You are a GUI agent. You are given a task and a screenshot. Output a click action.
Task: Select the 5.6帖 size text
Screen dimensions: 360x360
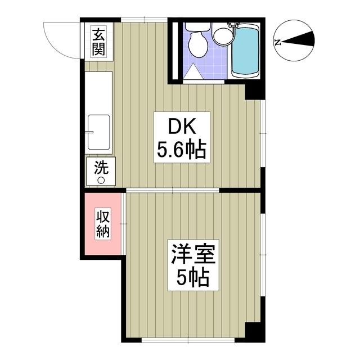[x=181, y=150]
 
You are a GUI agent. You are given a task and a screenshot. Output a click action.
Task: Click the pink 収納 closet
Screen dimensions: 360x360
[x=103, y=223]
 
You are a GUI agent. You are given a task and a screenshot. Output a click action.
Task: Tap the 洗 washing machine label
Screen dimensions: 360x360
[x=101, y=167]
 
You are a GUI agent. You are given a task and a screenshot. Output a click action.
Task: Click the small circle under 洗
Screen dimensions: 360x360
[x=101, y=180]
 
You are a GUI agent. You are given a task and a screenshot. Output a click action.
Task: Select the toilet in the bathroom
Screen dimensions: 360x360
[x=197, y=42]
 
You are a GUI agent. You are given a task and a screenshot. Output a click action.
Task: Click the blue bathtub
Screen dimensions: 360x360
[x=245, y=50]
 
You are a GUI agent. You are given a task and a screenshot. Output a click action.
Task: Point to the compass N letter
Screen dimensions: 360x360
[x=277, y=42]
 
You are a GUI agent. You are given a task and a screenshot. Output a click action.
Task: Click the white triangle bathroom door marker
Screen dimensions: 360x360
[x=192, y=71]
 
